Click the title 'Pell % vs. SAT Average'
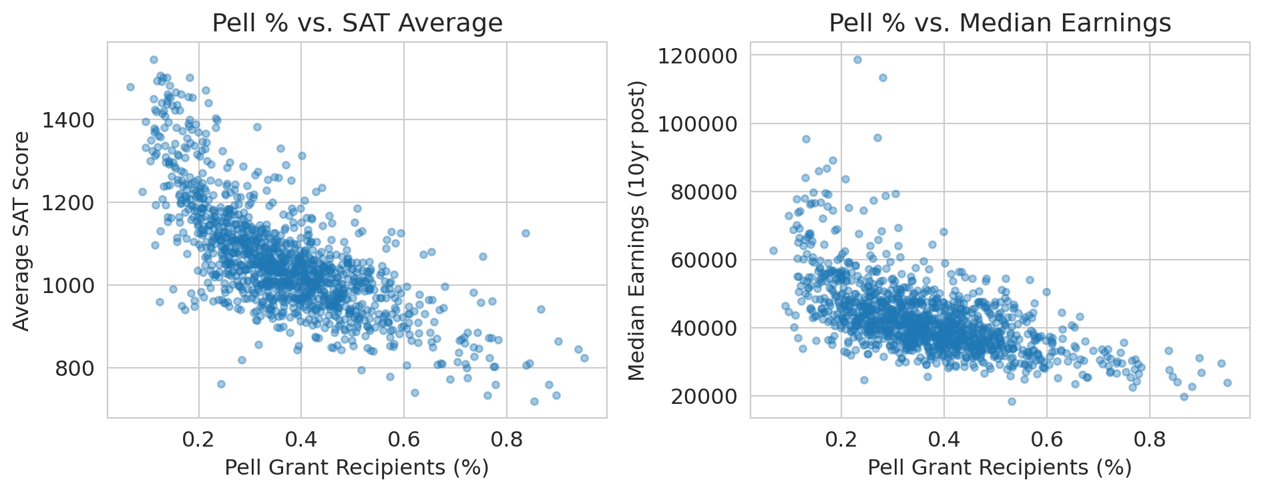click(x=357, y=23)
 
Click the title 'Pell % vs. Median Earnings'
click(x=1000, y=23)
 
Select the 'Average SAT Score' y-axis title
click(x=22, y=230)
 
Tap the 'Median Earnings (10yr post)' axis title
click(x=638, y=230)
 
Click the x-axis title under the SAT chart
click(x=357, y=467)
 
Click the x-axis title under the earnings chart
click(x=1000, y=467)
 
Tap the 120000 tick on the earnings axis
click(x=698, y=55)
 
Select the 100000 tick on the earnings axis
click(x=698, y=124)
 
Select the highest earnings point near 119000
click(x=857, y=59)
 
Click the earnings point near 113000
click(x=882, y=77)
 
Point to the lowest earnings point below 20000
click(x=1012, y=401)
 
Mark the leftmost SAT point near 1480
click(x=130, y=87)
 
